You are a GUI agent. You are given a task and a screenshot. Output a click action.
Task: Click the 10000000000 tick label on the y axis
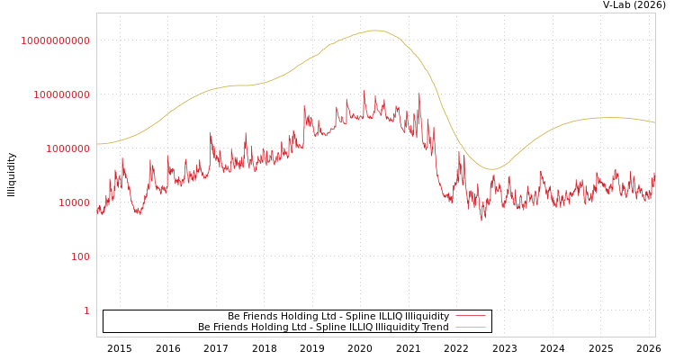[55, 40]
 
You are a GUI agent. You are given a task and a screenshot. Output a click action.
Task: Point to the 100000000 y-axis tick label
[55, 94]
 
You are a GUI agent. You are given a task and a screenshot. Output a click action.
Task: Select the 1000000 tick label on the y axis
[61, 148]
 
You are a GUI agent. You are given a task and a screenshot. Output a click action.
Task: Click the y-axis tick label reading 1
[86, 310]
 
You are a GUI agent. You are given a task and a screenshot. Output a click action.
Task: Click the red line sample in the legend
[470, 316]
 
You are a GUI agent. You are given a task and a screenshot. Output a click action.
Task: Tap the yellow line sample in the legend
[470, 327]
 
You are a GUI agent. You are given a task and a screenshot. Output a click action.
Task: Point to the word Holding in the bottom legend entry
[286, 327]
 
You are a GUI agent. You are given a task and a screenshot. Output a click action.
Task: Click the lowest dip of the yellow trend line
[491, 169]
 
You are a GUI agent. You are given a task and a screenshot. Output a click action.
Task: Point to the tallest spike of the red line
[364, 91]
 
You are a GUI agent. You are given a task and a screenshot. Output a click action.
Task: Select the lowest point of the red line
[482, 220]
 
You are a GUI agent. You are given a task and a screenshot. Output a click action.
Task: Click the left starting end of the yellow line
[97, 144]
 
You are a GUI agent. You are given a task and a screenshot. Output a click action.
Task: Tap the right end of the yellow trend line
[654, 122]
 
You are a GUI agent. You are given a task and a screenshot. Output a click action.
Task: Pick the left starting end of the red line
[97, 208]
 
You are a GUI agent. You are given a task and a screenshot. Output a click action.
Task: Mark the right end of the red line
[654, 174]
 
